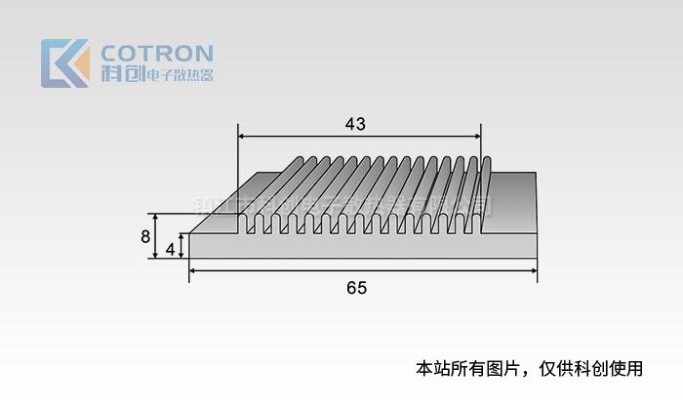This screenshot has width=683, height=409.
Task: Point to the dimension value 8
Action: [x=145, y=236]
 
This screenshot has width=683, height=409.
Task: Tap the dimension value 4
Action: [x=171, y=248]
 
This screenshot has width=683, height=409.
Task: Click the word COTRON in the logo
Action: [x=157, y=52]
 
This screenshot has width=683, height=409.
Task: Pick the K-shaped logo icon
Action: [x=64, y=63]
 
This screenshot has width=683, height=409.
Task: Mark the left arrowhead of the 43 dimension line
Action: [x=243, y=137]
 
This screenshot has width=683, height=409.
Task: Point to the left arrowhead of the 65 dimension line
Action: [x=193, y=271]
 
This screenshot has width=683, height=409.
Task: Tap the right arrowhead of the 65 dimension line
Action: [x=534, y=271]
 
